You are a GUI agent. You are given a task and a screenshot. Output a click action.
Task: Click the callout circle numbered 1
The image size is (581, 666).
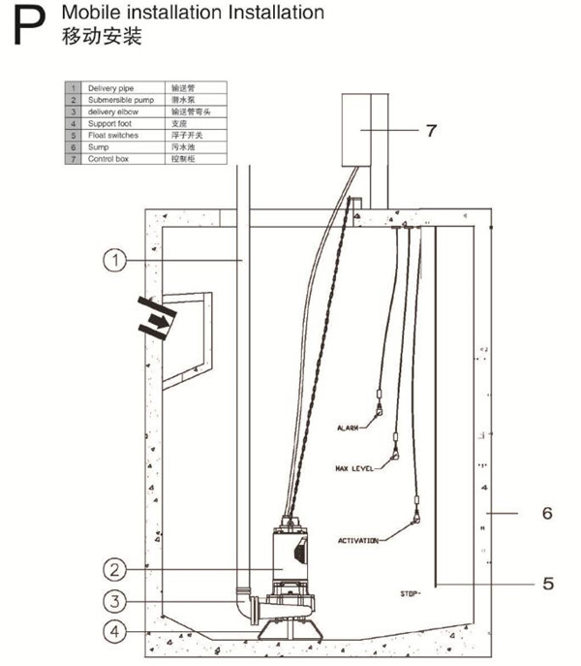point(115,260)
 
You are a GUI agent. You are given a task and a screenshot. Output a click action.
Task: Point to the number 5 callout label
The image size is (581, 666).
point(547,584)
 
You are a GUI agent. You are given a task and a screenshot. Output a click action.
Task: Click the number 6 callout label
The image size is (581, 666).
point(547,512)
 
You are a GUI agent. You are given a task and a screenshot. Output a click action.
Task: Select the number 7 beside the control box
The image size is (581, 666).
point(432,129)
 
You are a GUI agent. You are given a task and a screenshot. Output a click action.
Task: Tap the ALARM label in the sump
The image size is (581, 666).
point(348,428)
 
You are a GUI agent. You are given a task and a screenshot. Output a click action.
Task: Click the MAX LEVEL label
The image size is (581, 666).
point(354,468)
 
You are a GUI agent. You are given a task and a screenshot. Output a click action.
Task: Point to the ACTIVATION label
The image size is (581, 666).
point(357,540)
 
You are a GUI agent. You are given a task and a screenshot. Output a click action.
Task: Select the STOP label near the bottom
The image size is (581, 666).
point(410,592)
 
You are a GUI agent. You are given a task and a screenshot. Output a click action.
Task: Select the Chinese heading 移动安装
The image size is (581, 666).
point(102,38)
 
